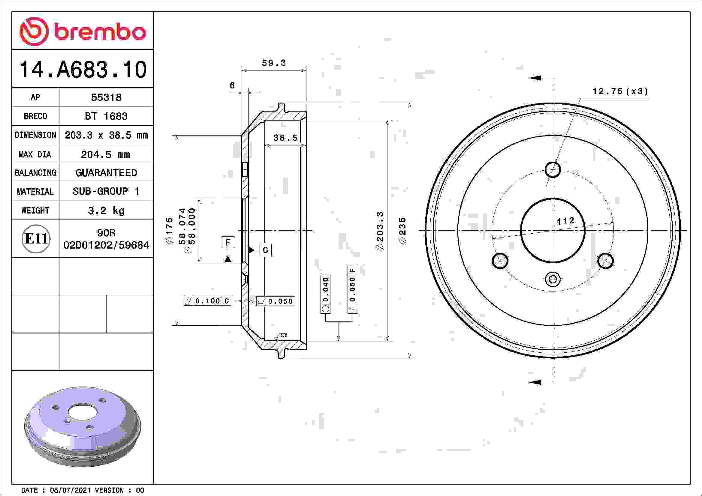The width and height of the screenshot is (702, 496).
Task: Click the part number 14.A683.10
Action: pos(83,70)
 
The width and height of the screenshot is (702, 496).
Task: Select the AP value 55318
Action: pos(106,97)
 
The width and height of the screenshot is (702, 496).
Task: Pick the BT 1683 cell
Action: pos(106,116)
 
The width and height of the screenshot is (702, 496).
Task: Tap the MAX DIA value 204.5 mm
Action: pos(105,154)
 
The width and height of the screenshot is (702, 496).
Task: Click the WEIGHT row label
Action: pos(35,211)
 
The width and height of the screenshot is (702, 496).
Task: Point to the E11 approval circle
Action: pos(36,238)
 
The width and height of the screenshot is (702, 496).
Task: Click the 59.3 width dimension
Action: pos(274,63)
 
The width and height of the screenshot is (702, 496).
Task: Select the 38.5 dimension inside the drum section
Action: pos(285,138)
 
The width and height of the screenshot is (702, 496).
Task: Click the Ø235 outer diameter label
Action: pos(403,231)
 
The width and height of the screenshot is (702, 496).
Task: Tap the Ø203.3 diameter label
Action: pos(380,231)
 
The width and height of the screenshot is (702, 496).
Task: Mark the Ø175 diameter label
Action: pos(169,231)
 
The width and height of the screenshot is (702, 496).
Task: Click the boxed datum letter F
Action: pos(228,243)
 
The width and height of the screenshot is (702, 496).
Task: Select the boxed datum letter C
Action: pos(265,250)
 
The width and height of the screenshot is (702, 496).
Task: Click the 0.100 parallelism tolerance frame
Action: pos(207,301)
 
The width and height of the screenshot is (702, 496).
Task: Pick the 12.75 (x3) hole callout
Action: pos(620,91)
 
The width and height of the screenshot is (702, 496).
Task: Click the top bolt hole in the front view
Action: pos(553,169)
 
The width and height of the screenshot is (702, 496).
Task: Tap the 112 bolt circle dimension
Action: pos(565,221)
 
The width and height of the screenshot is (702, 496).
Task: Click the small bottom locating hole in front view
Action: pos(553,279)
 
